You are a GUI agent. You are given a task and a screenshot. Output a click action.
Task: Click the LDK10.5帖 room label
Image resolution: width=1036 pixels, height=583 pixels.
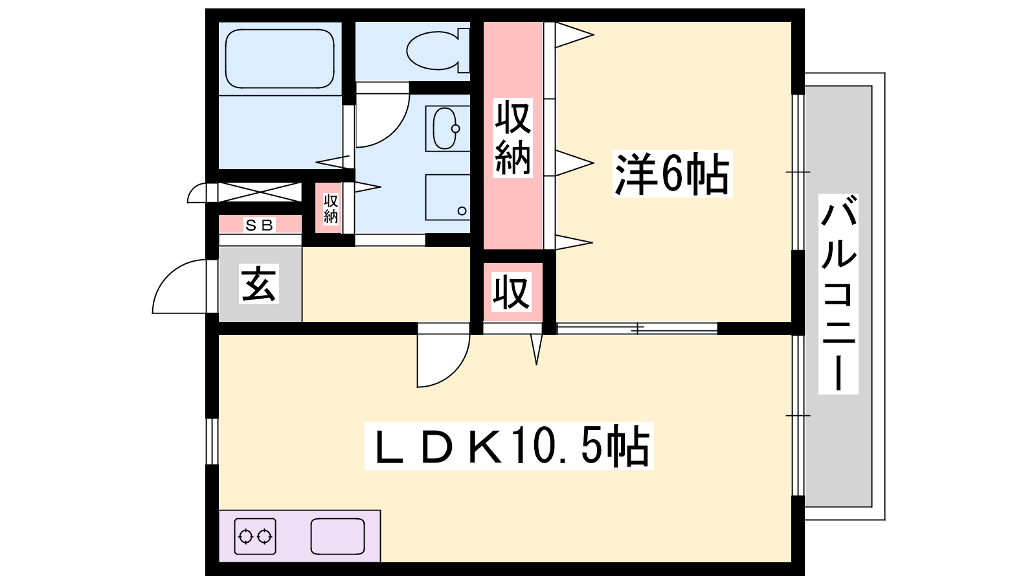coord(509,446)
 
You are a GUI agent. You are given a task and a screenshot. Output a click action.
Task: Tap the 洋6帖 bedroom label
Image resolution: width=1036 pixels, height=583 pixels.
coord(673,174)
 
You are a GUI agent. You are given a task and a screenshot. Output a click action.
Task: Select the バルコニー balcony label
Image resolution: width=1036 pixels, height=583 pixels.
coord(838,294)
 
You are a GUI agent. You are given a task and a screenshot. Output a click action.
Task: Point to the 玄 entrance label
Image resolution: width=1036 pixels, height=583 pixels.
coord(258,284)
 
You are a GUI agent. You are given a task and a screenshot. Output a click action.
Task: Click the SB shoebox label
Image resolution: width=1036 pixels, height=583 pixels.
coord(259,225)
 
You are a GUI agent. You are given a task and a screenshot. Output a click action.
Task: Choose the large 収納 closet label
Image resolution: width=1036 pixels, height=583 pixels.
coord(512,138)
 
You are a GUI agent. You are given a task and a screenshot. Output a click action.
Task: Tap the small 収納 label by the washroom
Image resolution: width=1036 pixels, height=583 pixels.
coord(330,209)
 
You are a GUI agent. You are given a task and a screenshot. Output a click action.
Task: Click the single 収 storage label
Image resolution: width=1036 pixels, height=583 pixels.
coord(511,292)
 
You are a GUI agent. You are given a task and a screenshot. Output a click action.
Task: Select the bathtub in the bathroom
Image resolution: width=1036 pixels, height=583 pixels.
coord(279,59)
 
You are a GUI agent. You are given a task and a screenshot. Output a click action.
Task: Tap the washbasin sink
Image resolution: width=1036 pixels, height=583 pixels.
coord(446,129)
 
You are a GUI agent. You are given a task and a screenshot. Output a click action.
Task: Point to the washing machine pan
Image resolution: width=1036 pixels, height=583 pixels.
coord(447,197)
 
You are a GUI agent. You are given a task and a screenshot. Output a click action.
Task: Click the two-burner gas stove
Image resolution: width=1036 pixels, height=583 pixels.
coord(255,536)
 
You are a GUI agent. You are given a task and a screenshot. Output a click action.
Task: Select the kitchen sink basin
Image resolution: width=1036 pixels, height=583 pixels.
coord(337,536)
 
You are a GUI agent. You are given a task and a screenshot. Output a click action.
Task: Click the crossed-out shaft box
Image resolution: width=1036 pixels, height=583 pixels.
coord(260,192)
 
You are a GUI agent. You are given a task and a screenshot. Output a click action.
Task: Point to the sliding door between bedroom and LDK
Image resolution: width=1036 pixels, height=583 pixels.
coord(637,328)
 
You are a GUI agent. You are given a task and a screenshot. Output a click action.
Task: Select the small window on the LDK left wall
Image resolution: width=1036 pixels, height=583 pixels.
coord(212,441)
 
